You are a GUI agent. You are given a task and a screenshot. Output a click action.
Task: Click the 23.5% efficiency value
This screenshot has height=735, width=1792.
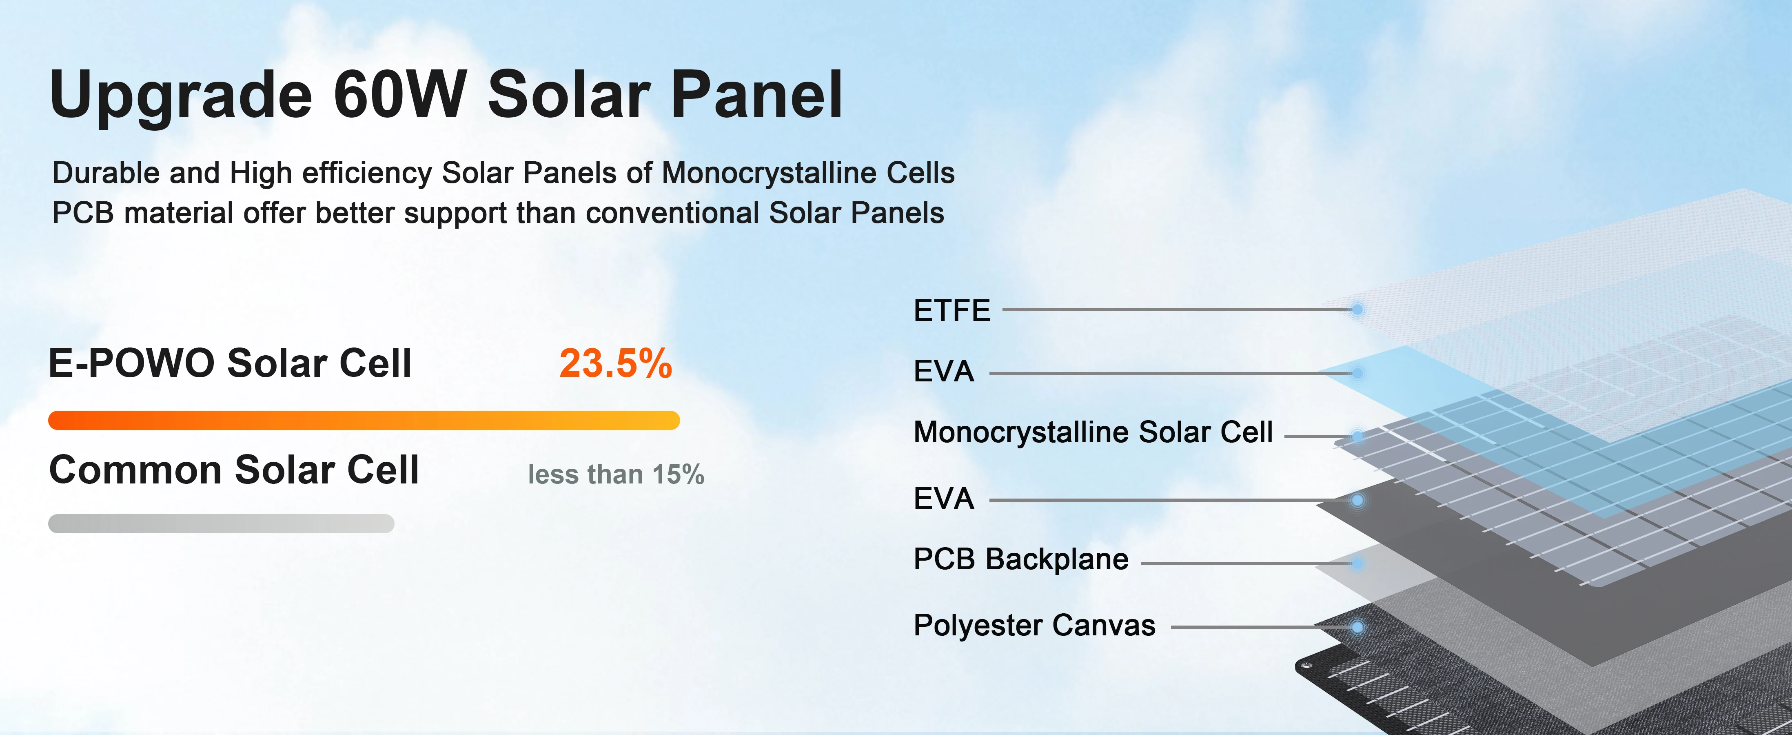(x=616, y=363)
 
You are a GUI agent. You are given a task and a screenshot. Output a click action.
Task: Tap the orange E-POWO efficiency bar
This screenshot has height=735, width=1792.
(x=364, y=421)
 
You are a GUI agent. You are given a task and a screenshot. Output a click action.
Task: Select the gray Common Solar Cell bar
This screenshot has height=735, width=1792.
(x=221, y=523)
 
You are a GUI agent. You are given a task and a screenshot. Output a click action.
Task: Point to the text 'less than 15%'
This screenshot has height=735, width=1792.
(x=616, y=474)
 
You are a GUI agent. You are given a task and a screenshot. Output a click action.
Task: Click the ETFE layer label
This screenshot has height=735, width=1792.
(x=951, y=310)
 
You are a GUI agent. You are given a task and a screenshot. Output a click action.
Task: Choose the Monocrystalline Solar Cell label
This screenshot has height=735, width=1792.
(x=1093, y=432)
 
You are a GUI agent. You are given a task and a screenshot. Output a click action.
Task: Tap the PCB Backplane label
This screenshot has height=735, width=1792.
(x=1020, y=559)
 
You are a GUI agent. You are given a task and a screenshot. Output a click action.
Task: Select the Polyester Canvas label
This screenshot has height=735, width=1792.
(x=1034, y=625)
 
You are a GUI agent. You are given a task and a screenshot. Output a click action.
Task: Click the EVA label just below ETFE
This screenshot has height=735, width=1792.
(x=943, y=372)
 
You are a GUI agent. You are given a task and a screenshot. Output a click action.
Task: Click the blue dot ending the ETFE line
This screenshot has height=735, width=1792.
(x=1357, y=310)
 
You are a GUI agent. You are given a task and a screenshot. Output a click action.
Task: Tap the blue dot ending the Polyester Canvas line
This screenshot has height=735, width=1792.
(x=1357, y=627)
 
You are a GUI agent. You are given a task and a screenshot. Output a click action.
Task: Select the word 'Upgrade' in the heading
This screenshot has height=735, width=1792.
(x=181, y=98)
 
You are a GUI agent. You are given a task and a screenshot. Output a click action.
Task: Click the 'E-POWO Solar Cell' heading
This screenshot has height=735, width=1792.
(x=230, y=363)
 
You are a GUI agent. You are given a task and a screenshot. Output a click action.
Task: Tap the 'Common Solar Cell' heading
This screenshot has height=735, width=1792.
(x=234, y=470)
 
